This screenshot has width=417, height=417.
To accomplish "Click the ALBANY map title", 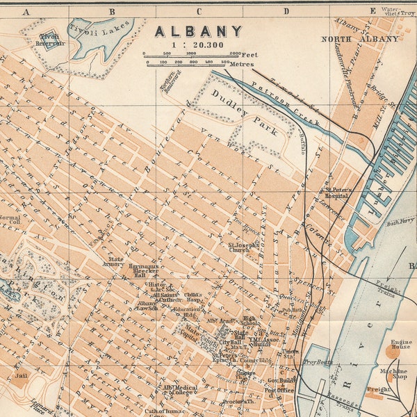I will tap(198, 31).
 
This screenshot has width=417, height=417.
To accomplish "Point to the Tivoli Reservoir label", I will tap(49, 39).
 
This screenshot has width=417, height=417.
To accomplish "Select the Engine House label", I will tap(400, 343).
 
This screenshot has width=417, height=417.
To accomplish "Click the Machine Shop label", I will tap(398, 373).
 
